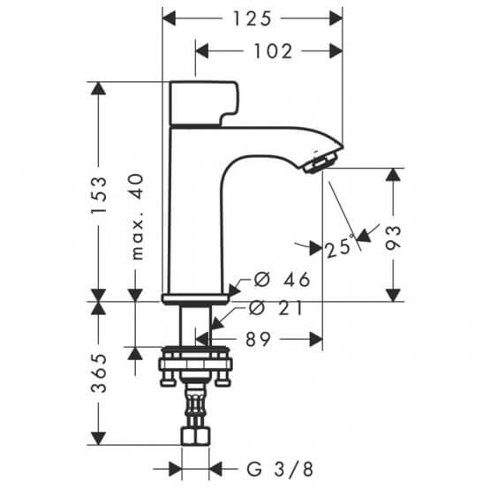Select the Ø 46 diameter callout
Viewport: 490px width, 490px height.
click(x=282, y=281)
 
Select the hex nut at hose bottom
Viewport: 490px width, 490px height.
click(x=195, y=437)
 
